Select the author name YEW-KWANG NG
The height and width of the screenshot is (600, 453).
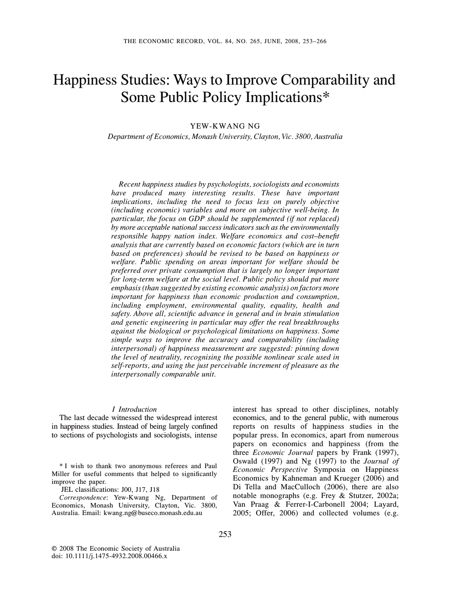[x=225, y=126]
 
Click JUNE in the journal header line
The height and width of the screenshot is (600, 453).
[x=271, y=41]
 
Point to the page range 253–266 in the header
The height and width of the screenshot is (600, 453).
[x=313, y=41]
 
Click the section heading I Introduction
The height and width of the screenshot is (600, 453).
[x=135, y=409]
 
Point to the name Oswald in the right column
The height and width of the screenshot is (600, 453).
[x=245, y=461]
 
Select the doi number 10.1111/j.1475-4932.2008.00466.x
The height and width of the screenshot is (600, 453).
[x=116, y=556]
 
